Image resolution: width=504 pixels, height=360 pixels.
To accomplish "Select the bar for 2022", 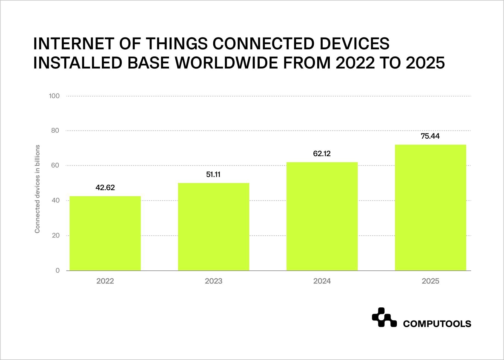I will [x=105, y=233].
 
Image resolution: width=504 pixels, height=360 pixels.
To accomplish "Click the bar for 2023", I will [x=214, y=227].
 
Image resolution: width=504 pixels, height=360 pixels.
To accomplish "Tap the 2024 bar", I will [x=322, y=216].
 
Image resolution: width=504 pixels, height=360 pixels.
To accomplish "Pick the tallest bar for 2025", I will [x=430, y=208].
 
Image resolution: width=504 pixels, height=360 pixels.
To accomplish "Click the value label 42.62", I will [x=105, y=188].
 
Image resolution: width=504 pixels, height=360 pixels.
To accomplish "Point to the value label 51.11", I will [x=213, y=175].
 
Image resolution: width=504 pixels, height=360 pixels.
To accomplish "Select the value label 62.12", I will [x=322, y=154].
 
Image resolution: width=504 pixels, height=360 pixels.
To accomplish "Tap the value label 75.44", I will [x=430, y=136].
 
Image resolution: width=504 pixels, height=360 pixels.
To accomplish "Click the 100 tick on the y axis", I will [x=54, y=96].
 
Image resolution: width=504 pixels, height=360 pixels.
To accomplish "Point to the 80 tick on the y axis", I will [x=55, y=130].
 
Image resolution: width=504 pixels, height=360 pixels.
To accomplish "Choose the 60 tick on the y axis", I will [x=55, y=165].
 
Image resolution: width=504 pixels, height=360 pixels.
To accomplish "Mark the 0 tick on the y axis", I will [x=58, y=271].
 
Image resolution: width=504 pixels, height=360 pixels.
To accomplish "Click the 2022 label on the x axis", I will [x=105, y=281].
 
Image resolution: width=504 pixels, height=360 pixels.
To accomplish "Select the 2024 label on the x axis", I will [x=322, y=281].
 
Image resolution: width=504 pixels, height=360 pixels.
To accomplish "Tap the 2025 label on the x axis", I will [x=430, y=281].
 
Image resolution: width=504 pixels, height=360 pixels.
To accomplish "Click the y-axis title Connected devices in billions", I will [x=37, y=189].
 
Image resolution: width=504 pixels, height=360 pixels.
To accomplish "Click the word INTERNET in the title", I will [x=72, y=44].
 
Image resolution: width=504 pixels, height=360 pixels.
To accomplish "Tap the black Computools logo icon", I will [x=384, y=318].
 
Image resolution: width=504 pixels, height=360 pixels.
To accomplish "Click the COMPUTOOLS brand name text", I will [x=437, y=324].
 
